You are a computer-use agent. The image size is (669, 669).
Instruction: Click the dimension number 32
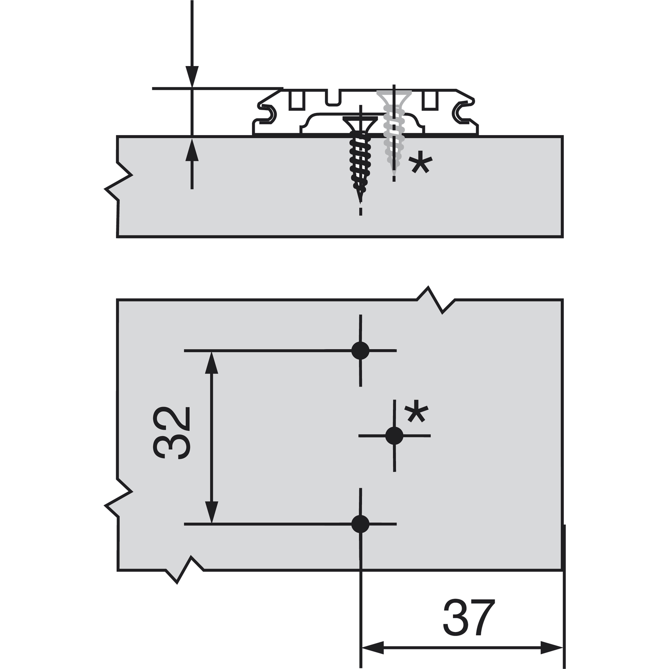[x=172, y=433]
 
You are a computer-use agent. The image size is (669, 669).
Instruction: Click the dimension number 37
[x=468, y=618]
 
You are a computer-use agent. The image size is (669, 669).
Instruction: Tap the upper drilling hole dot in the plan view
[x=360, y=351]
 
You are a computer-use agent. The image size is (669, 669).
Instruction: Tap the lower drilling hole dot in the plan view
[x=360, y=524]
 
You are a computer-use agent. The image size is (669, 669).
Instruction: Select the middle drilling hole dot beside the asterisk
[x=394, y=436]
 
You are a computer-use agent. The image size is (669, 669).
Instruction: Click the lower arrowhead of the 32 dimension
[x=211, y=513]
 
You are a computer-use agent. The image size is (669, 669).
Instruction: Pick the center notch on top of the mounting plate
[x=332, y=98]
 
